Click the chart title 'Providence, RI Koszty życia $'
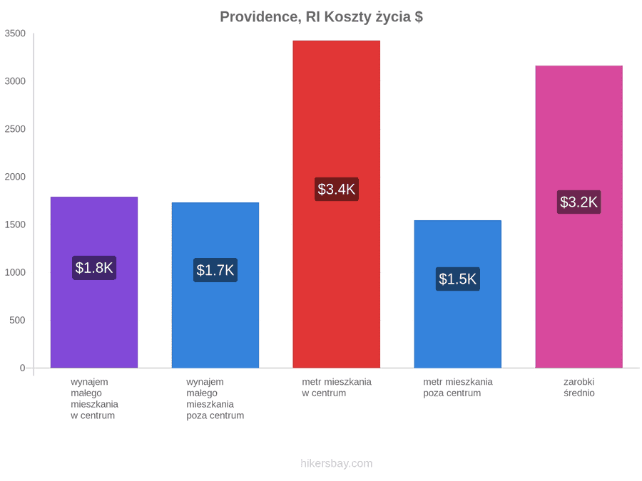point(322,17)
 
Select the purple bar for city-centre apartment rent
point(94,282)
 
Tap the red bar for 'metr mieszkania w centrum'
point(337,204)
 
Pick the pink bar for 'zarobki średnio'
point(579,217)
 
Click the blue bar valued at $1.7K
point(215,285)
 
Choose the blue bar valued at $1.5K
point(458,294)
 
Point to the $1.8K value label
point(94,268)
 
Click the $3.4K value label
point(337,189)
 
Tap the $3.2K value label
point(579,202)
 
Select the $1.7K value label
point(215,270)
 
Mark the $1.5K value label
point(458,279)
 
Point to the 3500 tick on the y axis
point(15,33)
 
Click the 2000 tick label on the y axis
point(15,177)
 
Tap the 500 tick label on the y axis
point(18,320)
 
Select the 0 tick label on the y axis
point(23,368)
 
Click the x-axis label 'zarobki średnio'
point(579,388)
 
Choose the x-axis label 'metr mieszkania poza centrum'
point(458,388)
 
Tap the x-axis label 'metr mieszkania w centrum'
point(337,388)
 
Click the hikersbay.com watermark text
point(337,463)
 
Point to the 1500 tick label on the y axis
point(15,224)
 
